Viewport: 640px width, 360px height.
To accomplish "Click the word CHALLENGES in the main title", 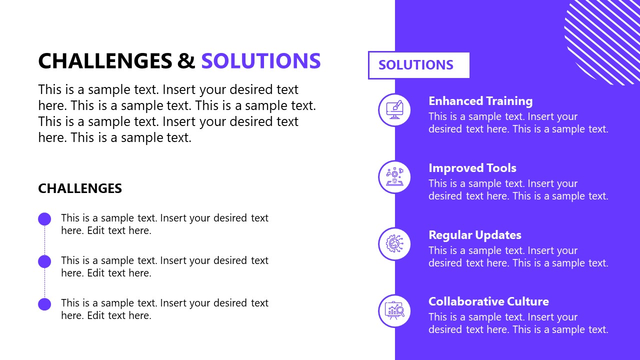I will [105, 61].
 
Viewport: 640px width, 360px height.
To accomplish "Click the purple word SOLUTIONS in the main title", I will [260, 61].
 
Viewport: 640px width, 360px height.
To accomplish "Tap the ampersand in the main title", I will [186, 61].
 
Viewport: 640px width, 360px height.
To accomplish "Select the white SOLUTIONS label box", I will [418, 65].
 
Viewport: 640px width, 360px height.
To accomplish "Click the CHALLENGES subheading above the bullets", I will [80, 188].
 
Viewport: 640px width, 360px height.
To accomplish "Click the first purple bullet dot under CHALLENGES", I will [44, 219].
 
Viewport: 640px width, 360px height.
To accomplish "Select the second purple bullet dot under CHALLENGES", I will [44, 261].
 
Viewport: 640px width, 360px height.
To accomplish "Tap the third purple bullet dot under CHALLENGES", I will [44, 304].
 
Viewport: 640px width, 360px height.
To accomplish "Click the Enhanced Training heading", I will [480, 101].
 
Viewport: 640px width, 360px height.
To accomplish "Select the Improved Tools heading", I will [472, 168].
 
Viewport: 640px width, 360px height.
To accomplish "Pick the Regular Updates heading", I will [474, 235].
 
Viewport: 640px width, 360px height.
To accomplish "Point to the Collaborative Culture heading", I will [488, 301].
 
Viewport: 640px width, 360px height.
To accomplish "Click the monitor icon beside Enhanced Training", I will [394, 110].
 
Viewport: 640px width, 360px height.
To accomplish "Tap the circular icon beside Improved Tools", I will [394, 177].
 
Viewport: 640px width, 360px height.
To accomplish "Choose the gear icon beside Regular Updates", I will [394, 244].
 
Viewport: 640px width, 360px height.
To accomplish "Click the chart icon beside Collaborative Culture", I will [394, 311].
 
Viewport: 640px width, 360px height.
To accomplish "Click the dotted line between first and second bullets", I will [44, 240].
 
